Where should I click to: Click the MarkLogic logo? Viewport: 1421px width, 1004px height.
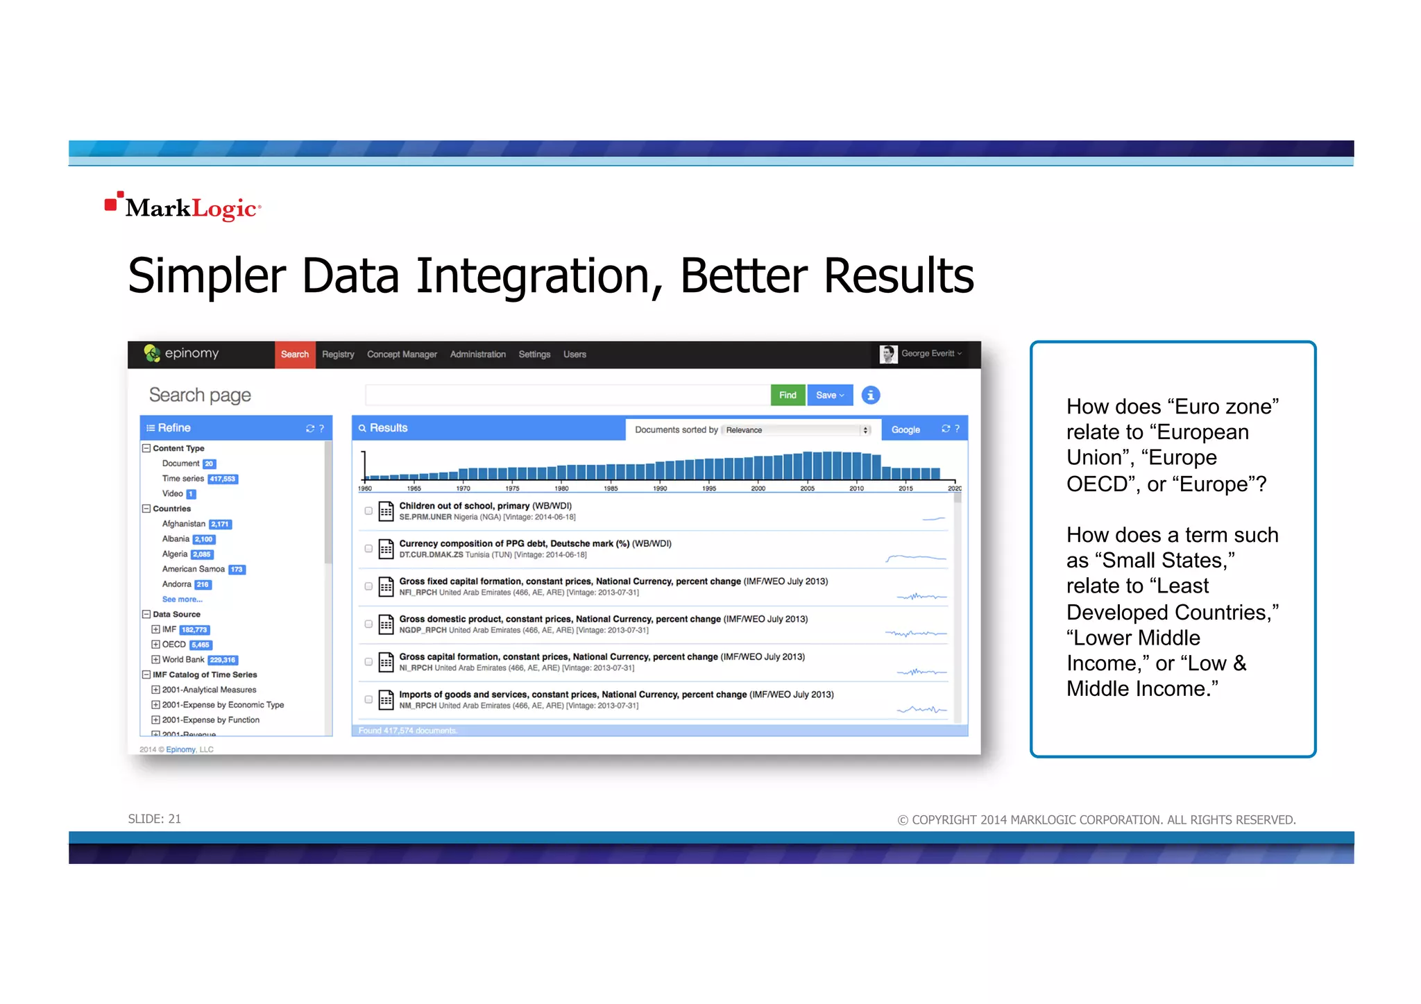pyautogui.click(x=183, y=207)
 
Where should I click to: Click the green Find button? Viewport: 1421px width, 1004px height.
pyautogui.click(x=788, y=395)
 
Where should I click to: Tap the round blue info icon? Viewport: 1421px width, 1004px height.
pyautogui.click(x=871, y=395)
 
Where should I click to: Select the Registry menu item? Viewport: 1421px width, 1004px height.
pyautogui.click(x=338, y=355)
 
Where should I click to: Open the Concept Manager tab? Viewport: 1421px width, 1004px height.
pyautogui.click(x=402, y=355)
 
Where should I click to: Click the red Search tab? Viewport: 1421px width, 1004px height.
pyautogui.click(x=295, y=355)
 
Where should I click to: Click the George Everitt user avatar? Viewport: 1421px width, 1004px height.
pyautogui.click(x=888, y=354)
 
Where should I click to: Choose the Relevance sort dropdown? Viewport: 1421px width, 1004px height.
pyautogui.click(x=797, y=430)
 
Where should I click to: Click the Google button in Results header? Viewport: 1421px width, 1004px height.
pyautogui.click(x=905, y=429)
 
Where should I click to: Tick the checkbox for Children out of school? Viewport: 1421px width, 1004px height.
pyautogui.click(x=368, y=511)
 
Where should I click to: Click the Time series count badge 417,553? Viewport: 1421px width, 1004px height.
pyautogui.click(x=223, y=479)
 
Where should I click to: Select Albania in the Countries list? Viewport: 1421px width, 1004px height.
pyautogui.click(x=176, y=539)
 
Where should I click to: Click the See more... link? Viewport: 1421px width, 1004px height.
pyautogui.click(x=182, y=599)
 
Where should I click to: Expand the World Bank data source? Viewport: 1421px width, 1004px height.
pyautogui.click(x=156, y=660)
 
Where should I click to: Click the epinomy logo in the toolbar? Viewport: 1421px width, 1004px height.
pyautogui.click(x=181, y=354)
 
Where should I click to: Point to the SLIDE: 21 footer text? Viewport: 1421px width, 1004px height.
pyautogui.click(x=155, y=819)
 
